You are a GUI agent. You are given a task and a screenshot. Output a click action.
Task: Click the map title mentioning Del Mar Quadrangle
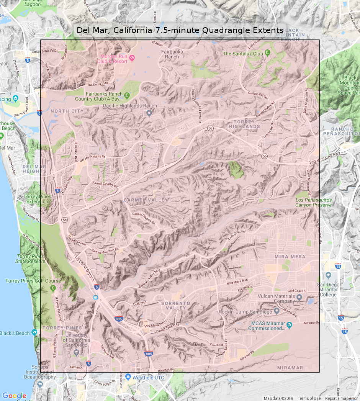coord(180,30)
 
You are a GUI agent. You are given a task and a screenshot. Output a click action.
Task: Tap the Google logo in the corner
coord(14,396)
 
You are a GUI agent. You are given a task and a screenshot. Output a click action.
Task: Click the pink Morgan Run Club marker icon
coord(131,58)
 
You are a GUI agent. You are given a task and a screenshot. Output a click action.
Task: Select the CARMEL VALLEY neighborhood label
coord(146,200)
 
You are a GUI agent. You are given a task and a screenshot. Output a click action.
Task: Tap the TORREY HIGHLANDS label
coord(244,124)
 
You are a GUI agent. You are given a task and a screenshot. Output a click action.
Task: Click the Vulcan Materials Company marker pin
coord(299,296)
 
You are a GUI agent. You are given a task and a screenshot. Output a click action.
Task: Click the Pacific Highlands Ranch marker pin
coord(149,113)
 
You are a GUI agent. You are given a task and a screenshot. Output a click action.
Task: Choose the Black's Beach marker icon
coord(34,333)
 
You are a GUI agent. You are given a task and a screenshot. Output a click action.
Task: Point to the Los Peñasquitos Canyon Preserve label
coord(313,202)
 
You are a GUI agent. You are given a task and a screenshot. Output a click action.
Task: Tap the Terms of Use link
coord(309,398)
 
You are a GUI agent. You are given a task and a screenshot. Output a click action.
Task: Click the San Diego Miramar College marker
coord(328,275)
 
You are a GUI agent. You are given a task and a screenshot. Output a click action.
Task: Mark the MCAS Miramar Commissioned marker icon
coord(289,325)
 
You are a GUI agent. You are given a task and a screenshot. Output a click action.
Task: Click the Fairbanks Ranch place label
coord(172,54)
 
